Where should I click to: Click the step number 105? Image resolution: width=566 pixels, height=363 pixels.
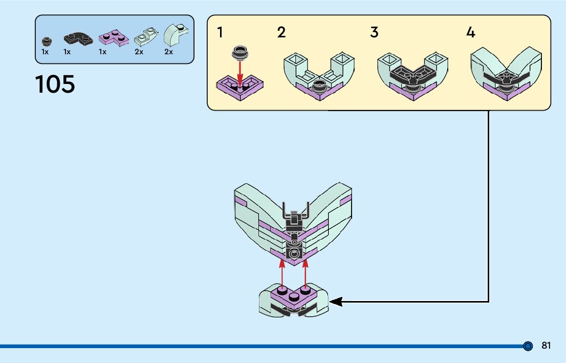[x=55, y=84]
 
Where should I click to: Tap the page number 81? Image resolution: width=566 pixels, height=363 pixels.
[x=546, y=346]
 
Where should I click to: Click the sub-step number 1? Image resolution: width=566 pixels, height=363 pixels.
[x=220, y=33]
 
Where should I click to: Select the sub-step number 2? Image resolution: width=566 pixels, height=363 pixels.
[x=281, y=33]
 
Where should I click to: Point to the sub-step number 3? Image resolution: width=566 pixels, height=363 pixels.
[x=374, y=33]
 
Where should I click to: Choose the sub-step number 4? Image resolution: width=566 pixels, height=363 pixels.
[x=470, y=33]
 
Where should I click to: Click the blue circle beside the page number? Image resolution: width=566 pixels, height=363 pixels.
[x=528, y=346]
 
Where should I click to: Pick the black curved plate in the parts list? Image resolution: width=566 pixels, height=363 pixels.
[x=78, y=38]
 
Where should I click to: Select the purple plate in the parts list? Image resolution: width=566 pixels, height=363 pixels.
[x=113, y=38]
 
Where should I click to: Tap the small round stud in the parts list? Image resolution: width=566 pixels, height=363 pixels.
[x=47, y=40]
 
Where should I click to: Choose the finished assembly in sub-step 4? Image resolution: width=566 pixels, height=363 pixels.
[x=506, y=74]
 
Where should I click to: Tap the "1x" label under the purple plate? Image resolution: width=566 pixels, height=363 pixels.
[x=102, y=52]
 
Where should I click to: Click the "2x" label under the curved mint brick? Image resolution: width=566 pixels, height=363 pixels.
[x=168, y=52]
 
